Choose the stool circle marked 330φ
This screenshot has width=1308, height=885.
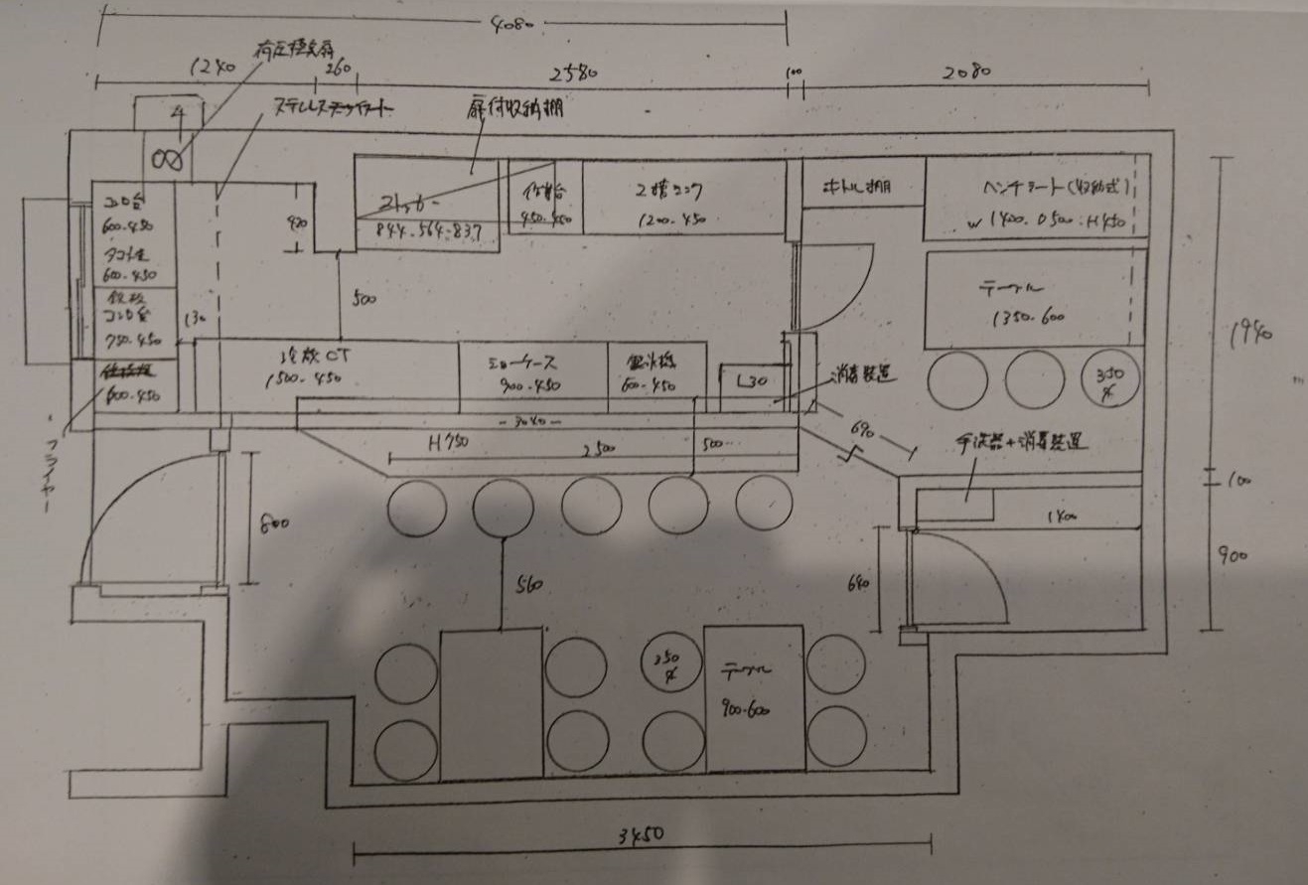pyautogui.click(x=1109, y=379)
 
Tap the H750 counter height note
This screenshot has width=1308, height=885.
pyautogui.click(x=448, y=446)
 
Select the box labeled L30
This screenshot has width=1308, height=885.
pyautogui.click(x=752, y=381)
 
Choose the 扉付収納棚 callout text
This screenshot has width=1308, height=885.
pyautogui.click(x=514, y=108)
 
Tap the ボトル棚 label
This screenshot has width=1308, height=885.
pyautogui.click(x=860, y=187)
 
